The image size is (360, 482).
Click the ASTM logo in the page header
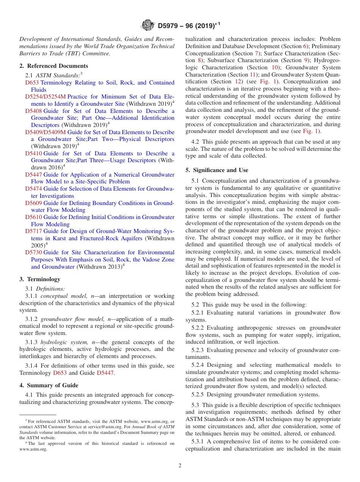(147, 25)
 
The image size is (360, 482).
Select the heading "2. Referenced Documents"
(53, 66)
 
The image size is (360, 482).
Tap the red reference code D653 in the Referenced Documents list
(32, 83)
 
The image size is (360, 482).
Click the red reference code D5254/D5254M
(45, 97)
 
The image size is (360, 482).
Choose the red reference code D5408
(33, 111)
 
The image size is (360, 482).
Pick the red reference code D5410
(33, 153)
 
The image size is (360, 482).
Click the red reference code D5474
(33, 189)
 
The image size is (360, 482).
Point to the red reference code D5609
(33, 203)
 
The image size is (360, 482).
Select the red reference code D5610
(33, 217)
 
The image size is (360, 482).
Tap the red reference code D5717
(33, 231)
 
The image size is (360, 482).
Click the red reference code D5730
(33, 252)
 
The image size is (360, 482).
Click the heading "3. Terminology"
(40, 279)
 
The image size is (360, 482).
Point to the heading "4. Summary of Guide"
(49, 385)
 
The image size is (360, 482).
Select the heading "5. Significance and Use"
(217, 170)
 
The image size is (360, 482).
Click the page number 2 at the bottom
(180, 466)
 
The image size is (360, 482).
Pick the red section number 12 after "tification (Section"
(238, 81)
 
